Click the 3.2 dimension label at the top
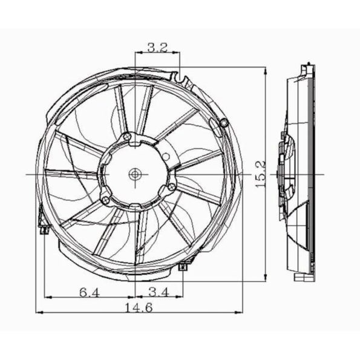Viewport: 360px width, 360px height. coord(157,48)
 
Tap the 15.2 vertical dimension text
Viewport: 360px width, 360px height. coord(261,174)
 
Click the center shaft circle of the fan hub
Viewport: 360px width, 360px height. coord(134,174)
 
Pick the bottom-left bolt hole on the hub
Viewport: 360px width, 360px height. coord(105,199)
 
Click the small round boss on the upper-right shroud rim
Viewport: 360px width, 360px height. coord(224,123)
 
